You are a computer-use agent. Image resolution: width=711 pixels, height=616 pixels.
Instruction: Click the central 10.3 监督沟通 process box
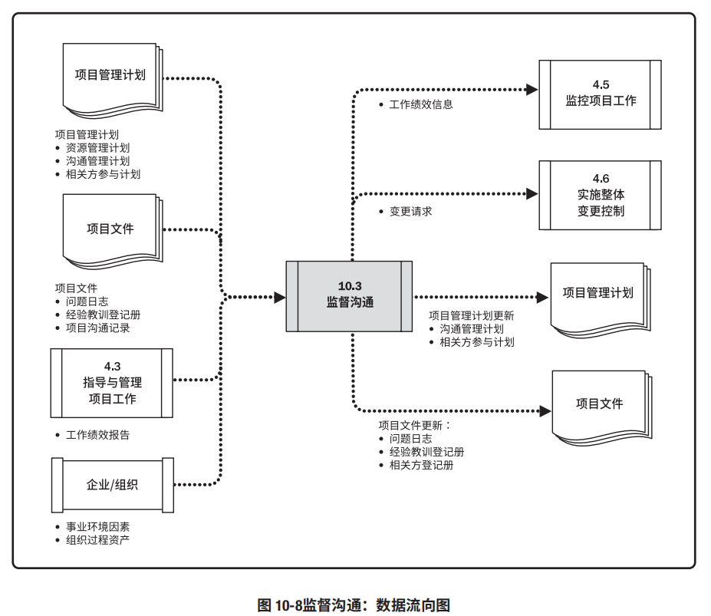tap(349, 295)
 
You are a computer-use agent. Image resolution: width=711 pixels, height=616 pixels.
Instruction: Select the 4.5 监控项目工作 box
tap(600, 93)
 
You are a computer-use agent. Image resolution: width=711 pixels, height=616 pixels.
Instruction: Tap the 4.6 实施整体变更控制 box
tap(600, 194)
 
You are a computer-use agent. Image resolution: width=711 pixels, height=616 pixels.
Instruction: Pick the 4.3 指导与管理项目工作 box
tap(112, 383)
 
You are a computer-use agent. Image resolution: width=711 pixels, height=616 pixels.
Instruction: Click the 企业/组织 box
tap(112, 485)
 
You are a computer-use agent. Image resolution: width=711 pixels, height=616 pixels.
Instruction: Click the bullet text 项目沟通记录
tap(97, 328)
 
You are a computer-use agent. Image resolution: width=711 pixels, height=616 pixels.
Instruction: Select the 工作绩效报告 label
tap(97, 435)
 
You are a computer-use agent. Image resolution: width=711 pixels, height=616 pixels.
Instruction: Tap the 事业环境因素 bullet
tap(97, 527)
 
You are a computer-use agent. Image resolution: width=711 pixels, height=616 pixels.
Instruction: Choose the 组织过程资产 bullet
tap(97, 540)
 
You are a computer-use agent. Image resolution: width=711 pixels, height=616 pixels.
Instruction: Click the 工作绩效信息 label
tap(420, 104)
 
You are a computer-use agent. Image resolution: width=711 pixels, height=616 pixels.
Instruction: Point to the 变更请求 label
tap(410, 210)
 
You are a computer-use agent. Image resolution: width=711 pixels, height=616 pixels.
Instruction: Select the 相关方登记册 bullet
tap(421, 464)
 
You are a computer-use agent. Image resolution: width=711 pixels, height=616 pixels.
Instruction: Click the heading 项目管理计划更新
tap(471, 315)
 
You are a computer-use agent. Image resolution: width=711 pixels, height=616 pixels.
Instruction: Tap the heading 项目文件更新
tap(416, 425)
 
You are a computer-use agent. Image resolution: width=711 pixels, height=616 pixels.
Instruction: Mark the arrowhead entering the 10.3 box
tap(279, 295)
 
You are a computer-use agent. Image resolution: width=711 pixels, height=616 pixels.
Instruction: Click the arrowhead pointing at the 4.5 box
tap(533, 90)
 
